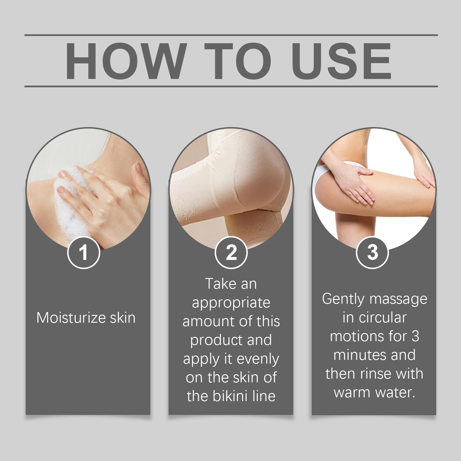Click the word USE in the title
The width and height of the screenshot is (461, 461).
[341, 61]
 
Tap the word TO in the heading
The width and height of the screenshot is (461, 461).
[238, 61]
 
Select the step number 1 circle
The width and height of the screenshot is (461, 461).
[84, 252]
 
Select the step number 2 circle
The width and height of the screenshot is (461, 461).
[231, 252]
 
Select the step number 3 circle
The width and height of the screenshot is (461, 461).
[372, 252]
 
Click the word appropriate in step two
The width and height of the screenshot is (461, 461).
[231, 303]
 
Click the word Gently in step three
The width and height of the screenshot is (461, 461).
[343, 299]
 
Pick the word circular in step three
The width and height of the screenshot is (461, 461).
[382, 318]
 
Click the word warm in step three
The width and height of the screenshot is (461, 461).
[351, 392]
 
